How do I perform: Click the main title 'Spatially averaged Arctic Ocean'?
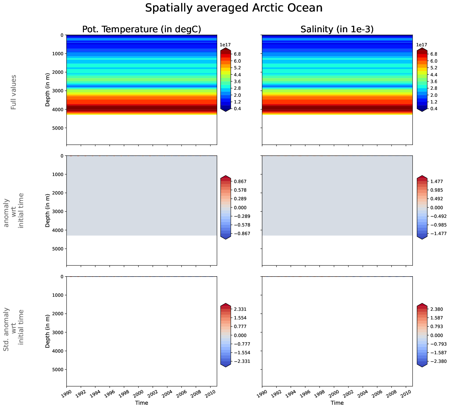[x=234, y=8]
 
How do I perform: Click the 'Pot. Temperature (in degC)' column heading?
[x=142, y=29]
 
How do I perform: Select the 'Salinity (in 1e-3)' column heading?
[x=337, y=29]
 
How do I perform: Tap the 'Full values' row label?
[x=13, y=92]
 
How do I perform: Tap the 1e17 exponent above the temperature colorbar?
[x=225, y=45]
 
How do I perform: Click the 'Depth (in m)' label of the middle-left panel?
[x=48, y=210]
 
